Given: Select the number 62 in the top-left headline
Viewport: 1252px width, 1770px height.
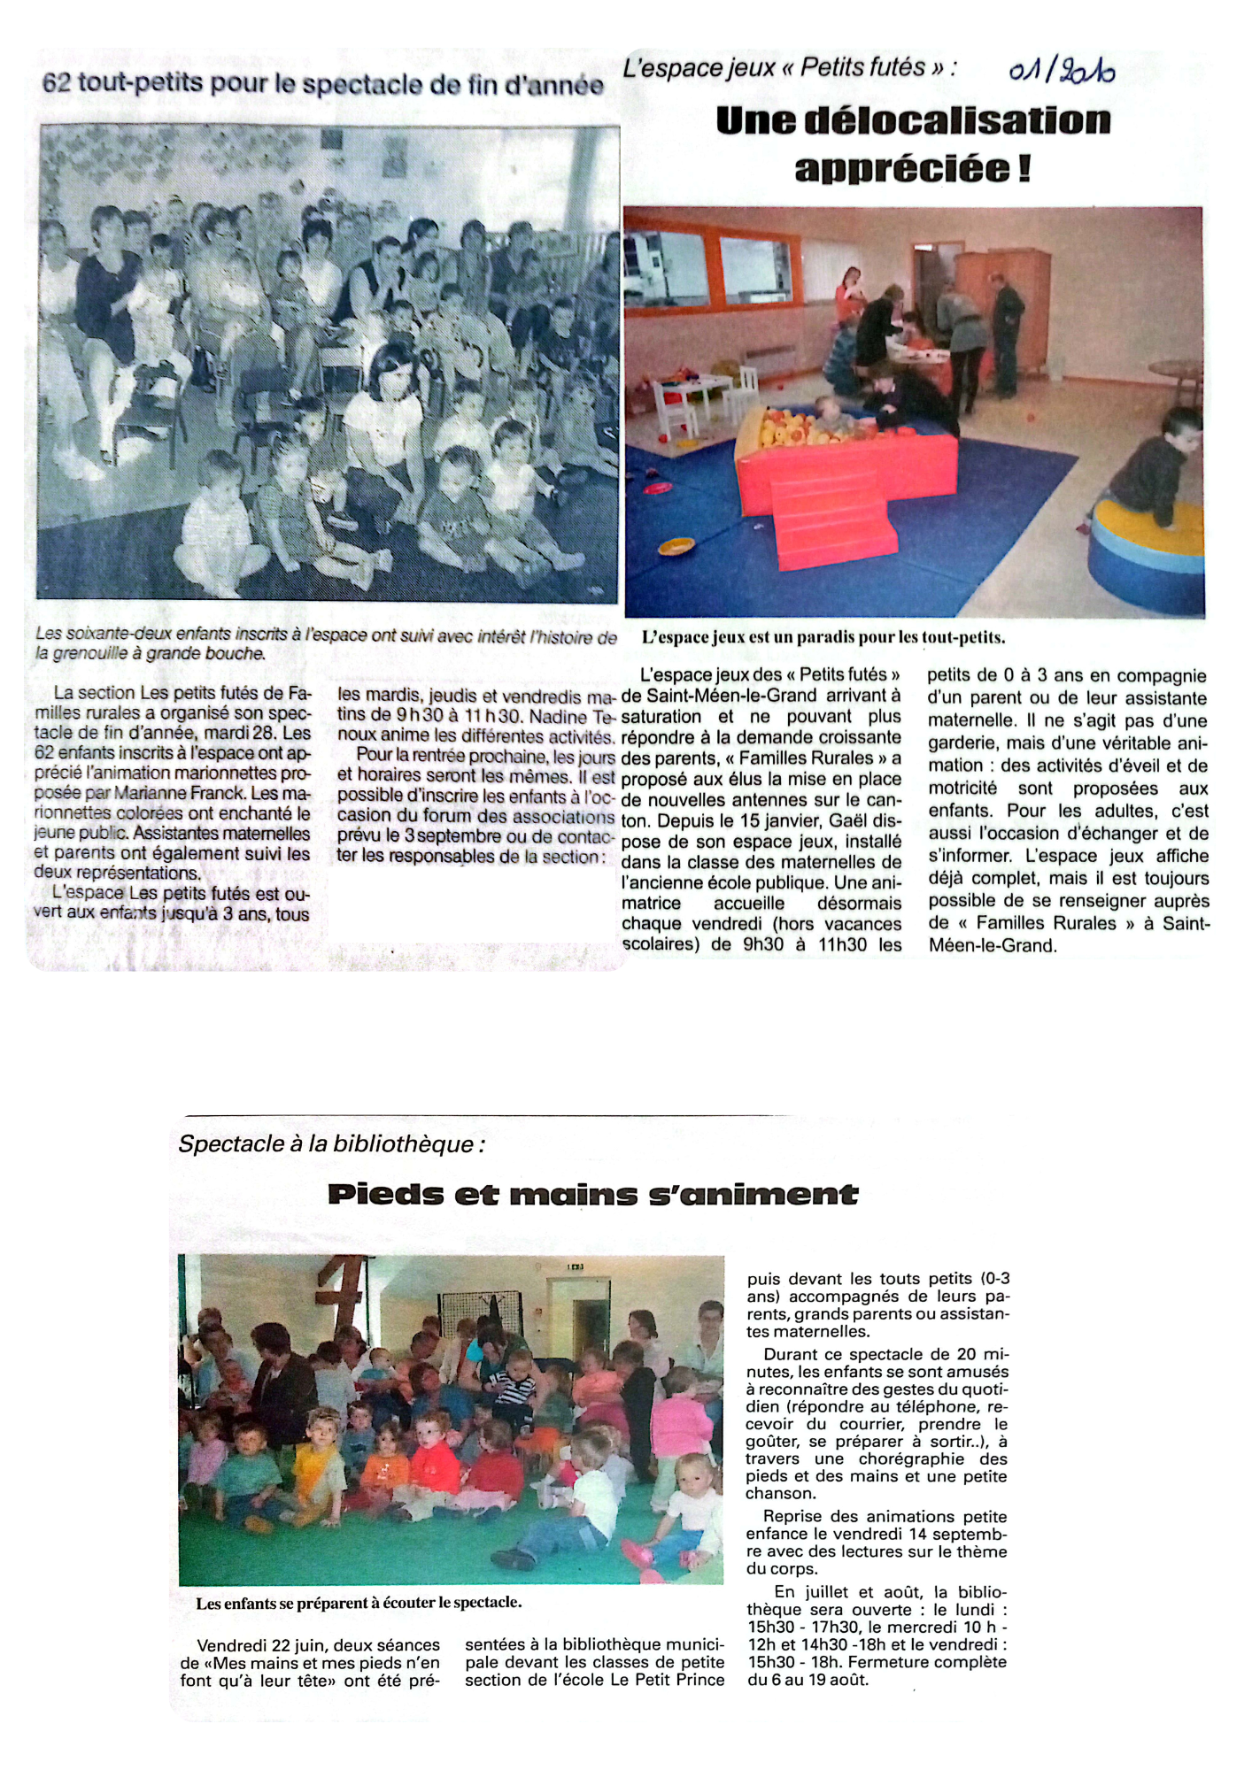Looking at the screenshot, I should pyautogui.click(x=56, y=83).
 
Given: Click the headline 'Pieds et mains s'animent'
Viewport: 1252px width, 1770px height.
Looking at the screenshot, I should pyautogui.click(x=592, y=1195).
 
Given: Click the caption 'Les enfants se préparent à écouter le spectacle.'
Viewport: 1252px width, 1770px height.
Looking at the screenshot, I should pyautogui.click(x=359, y=1602).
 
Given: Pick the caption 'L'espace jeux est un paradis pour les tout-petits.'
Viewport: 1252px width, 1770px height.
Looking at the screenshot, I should pyautogui.click(x=823, y=637).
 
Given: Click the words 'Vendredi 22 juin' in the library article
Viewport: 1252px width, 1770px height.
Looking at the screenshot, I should pyautogui.click(x=256, y=1645).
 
